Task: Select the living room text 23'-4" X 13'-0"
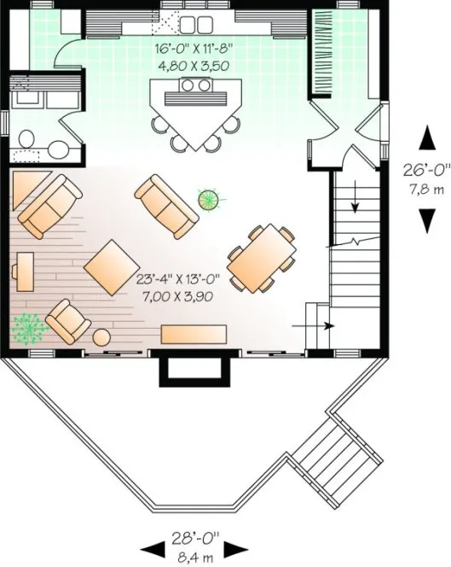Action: [178, 278]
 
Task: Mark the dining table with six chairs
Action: [262, 256]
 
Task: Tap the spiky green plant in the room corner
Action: [28, 328]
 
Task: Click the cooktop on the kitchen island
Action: [194, 85]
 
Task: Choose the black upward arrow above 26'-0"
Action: [424, 136]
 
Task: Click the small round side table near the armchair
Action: [101, 336]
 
